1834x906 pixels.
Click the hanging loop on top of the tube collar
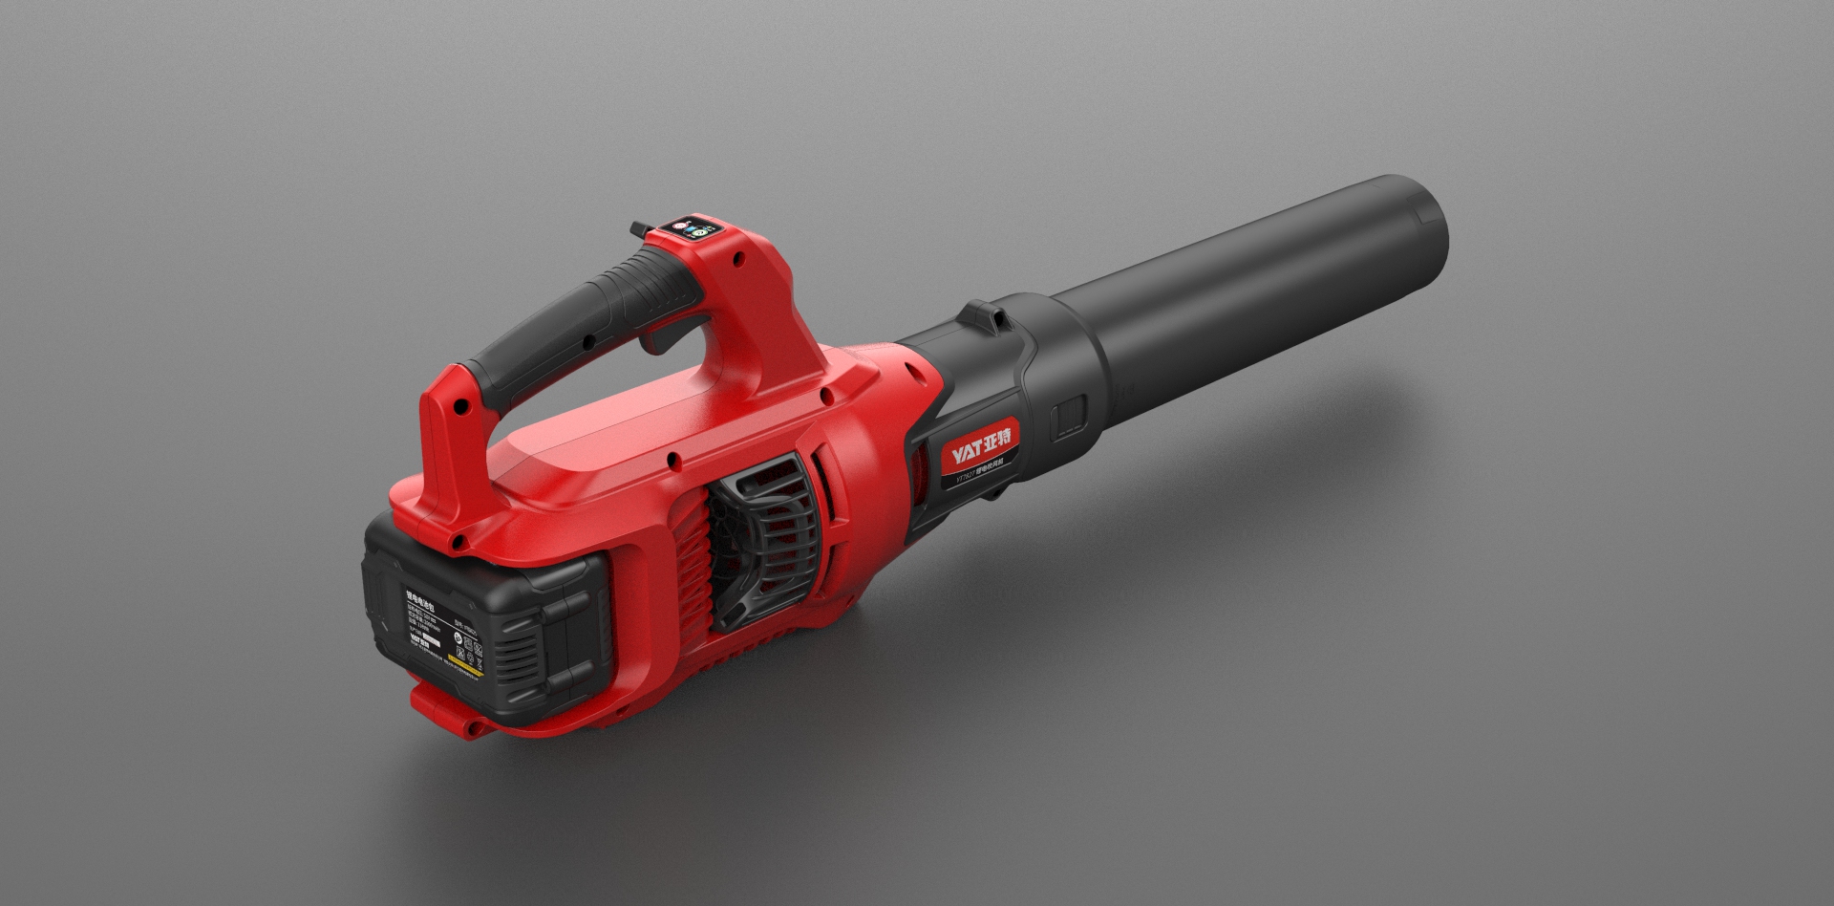[x=982, y=316]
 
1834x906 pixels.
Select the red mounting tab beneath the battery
[x=449, y=712]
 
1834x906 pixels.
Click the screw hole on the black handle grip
[x=588, y=339]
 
